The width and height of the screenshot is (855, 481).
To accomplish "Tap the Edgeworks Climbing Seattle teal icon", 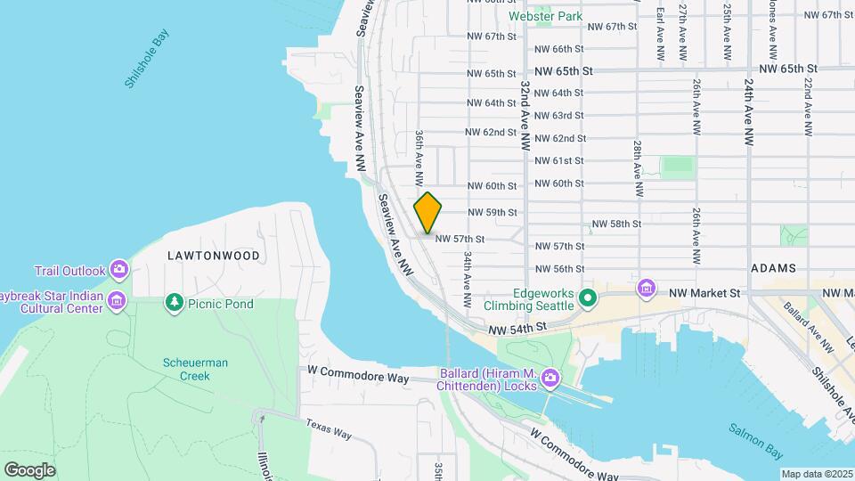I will pyautogui.click(x=587, y=298).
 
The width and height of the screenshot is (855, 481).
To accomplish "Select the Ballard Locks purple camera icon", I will pyautogui.click(x=550, y=379).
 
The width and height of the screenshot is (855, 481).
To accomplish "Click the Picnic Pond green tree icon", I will pyautogui.click(x=175, y=304).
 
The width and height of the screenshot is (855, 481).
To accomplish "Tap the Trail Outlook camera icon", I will pyautogui.click(x=120, y=270).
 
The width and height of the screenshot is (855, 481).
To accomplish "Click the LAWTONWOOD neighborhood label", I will pyautogui.click(x=214, y=256).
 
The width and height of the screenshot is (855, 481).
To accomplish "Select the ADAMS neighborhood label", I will pyautogui.click(x=773, y=267).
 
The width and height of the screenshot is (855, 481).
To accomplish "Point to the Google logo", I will pyautogui.click(x=29, y=469).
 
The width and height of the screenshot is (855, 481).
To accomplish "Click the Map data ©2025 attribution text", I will pyautogui.click(x=817, y=474).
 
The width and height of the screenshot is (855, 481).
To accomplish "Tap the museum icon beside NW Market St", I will pyautogui.click(x=646, y=289).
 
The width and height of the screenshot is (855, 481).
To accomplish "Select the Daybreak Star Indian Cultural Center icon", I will pyautogui.click(x=116, y=302).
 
